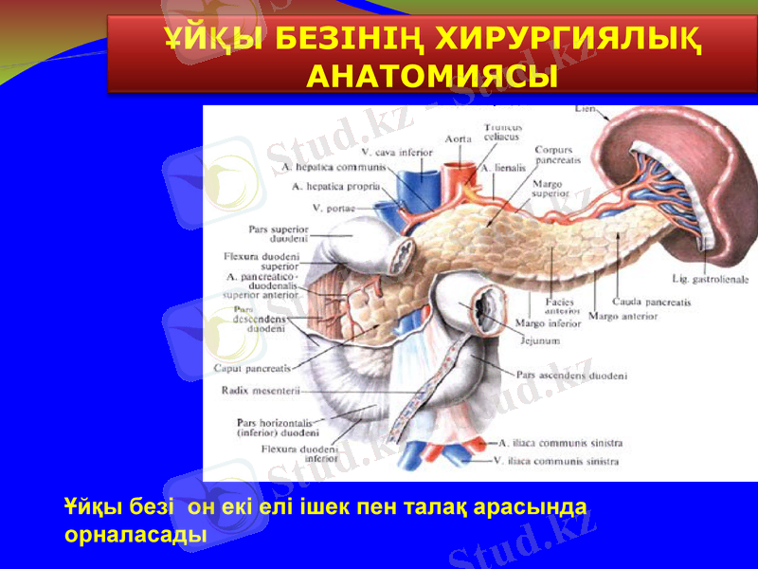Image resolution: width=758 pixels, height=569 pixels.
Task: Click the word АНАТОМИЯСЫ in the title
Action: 431,75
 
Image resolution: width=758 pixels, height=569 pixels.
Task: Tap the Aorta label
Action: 460,139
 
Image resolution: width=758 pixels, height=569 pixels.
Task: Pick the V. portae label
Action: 335,208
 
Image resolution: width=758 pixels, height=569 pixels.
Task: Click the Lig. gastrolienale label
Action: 710,280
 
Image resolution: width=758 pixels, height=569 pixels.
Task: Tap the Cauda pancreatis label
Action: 652,302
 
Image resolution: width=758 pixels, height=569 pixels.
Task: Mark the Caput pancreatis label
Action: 251,367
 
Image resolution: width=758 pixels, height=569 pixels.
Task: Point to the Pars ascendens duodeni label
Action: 571,376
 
